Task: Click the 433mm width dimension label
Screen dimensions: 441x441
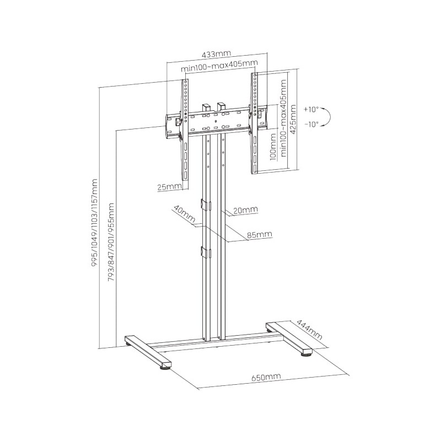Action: click(x=216, y=54)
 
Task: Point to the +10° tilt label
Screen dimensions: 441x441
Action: click(x=310, y=109)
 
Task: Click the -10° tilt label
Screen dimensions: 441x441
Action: click(x=310, y=125)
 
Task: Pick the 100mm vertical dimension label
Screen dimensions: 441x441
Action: click(x=273, y=148)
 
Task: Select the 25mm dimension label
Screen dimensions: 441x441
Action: click(x=169, y=187)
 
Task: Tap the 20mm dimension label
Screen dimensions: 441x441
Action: click(x=245, y=210)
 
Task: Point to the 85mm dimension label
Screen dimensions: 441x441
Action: click(x=260, y=235)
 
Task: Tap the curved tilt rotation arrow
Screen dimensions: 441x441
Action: click(x=329, y=117)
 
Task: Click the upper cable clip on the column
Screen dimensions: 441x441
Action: click(x=206, y=205)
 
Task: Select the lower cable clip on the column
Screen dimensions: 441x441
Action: click(x=205, y=252)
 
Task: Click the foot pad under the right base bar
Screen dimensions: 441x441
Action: click(x=305, y=356)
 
